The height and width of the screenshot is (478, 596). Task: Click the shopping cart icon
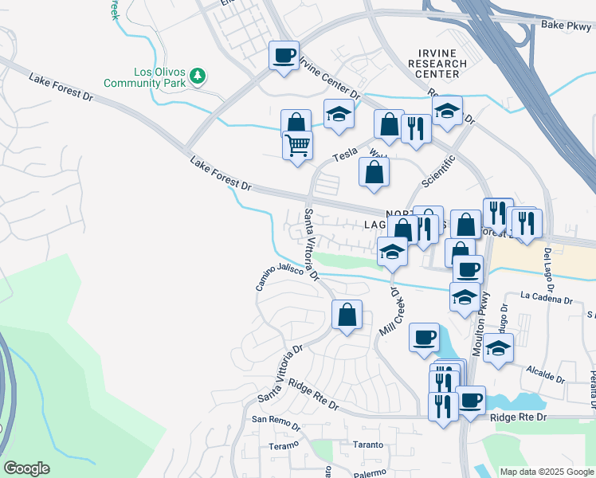[x=298, y=146]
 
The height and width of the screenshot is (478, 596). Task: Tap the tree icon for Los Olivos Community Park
[x=198, y=76]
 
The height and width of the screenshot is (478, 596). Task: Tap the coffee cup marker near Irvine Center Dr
[x=284, y=56]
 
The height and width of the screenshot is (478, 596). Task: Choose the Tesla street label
[x=345, y=157]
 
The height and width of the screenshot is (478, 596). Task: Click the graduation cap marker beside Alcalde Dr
[x=498, y=347]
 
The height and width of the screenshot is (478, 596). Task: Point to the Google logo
[x=26, y=468]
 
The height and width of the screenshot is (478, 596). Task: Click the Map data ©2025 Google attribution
[x=546, y=472]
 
